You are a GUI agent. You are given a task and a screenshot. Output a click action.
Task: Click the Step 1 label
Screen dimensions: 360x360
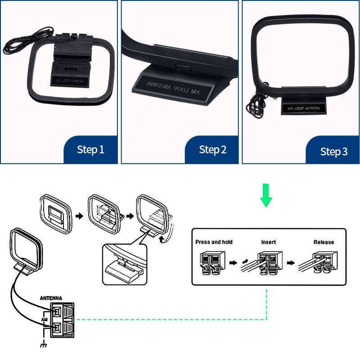[x=90, y=149]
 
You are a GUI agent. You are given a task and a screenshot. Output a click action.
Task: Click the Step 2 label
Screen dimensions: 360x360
[x=212, y=149]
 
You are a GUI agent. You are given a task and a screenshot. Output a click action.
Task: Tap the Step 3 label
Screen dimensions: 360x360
[x=333, y=151]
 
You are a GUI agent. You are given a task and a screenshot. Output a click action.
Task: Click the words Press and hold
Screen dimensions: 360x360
[x=214, y=242]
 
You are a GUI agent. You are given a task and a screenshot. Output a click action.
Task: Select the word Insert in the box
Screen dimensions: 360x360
[x=269, y=242]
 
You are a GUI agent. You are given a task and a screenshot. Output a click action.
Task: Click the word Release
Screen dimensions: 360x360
[x=324, y=242]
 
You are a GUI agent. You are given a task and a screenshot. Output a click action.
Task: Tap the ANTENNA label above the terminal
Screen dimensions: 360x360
[x=51, y=298]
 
